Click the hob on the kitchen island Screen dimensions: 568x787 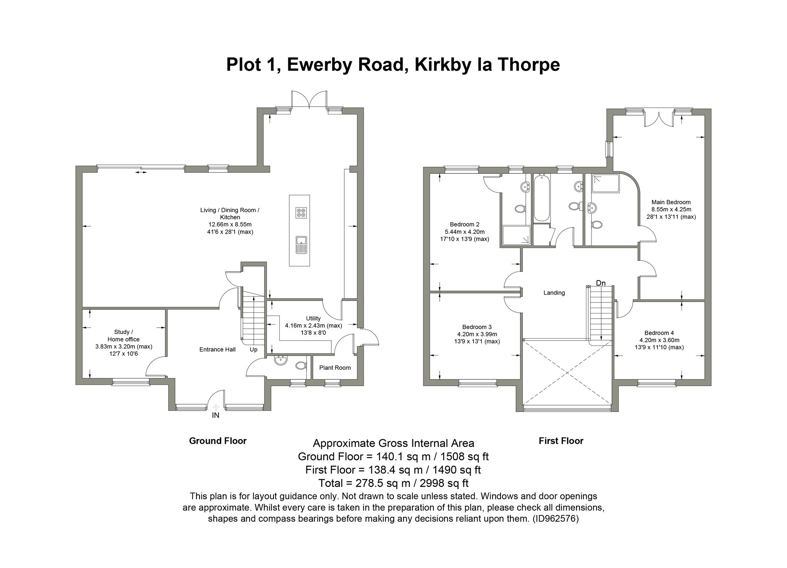click(301, 213)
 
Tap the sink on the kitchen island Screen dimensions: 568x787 click(301, 244)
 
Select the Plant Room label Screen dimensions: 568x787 click(335, 368)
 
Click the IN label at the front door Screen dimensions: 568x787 click(216, 415)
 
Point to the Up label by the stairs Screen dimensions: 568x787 click(253, 349)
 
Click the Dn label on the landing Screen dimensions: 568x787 click(600, 283)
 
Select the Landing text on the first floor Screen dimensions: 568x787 click(554, 293)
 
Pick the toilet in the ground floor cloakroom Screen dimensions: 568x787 click(301, 365)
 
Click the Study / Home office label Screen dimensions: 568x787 click(124, 336)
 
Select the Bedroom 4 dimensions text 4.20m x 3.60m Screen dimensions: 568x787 click(659, 340)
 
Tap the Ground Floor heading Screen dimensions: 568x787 click(218, 441)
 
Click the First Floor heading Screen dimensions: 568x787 click(561, 441)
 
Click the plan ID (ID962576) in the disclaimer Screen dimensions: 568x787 click(555, 519)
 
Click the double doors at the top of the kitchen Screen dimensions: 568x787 click(309, 100)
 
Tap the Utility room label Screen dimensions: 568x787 click(313, 318)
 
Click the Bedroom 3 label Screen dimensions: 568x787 click(477, 327)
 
